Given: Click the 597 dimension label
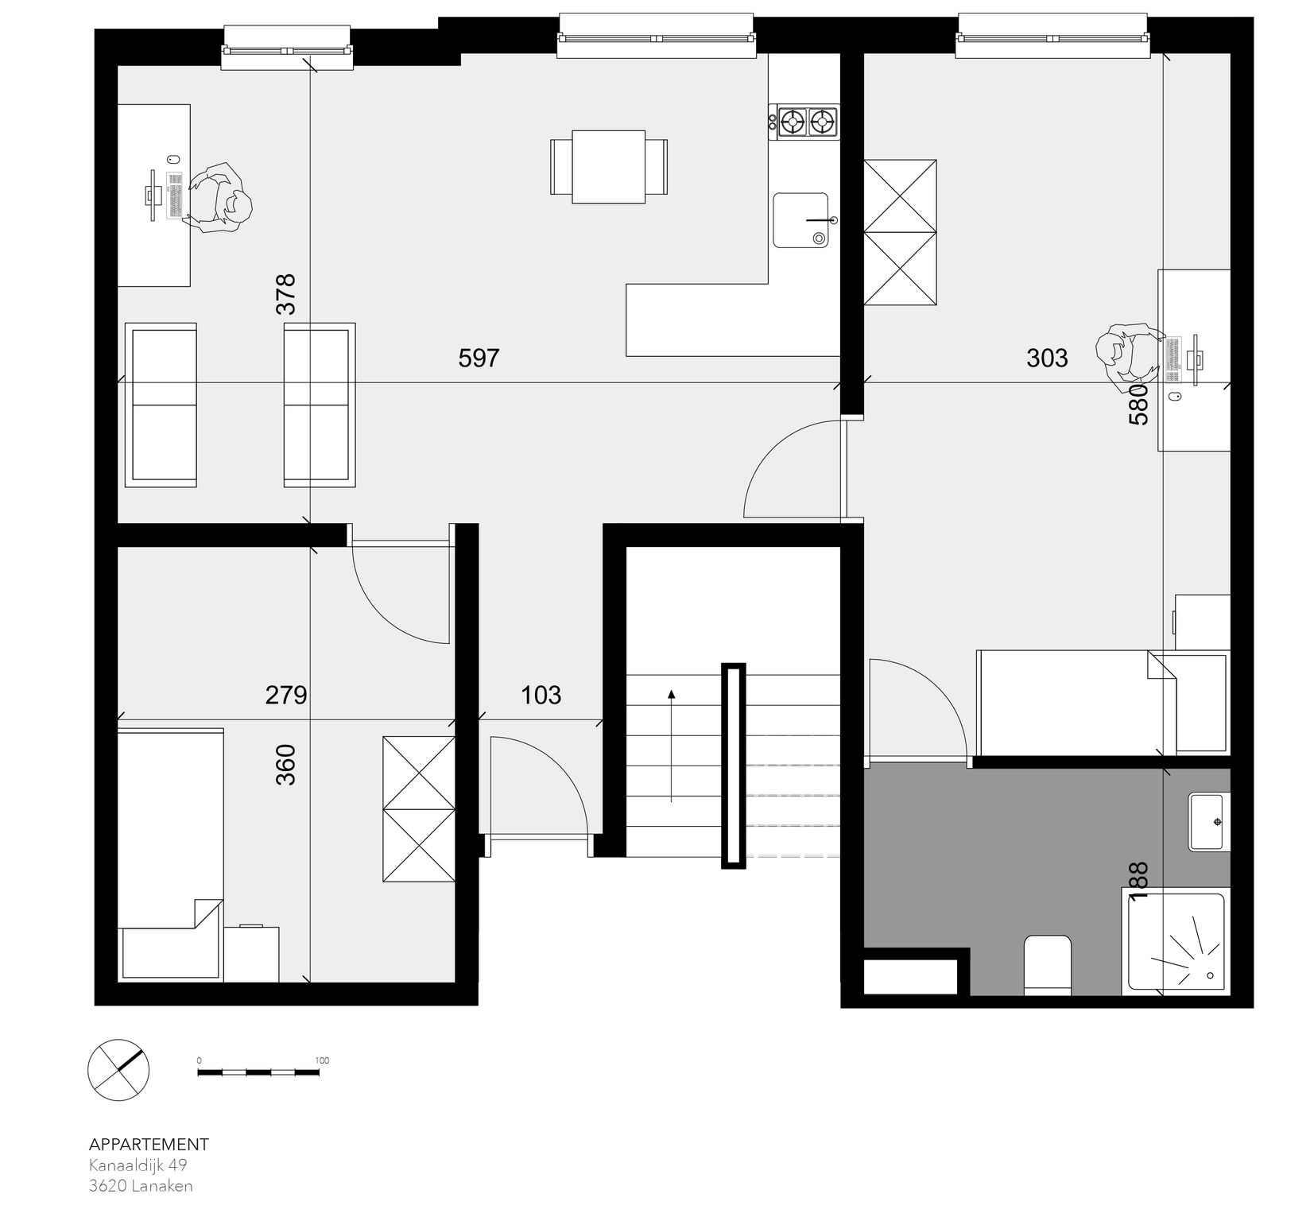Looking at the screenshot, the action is coord(479,359).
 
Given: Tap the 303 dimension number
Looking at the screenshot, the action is coord(1047,359).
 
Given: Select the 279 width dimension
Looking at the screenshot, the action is coord(286,696).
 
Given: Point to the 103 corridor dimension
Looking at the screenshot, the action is coord(541,696).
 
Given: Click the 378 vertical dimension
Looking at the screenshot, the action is coord(285,294).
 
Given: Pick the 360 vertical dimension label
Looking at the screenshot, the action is coord(285,765).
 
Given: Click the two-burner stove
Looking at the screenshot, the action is coord(804,122).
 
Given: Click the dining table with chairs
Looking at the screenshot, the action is coord(609,167).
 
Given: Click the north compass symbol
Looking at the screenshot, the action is coord(118,1070).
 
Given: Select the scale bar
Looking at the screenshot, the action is coord(258,1072).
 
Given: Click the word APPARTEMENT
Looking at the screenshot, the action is coord(149,1145).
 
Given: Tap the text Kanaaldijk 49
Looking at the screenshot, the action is coord(138,1165).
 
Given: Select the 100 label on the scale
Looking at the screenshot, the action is coord(322,1060).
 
